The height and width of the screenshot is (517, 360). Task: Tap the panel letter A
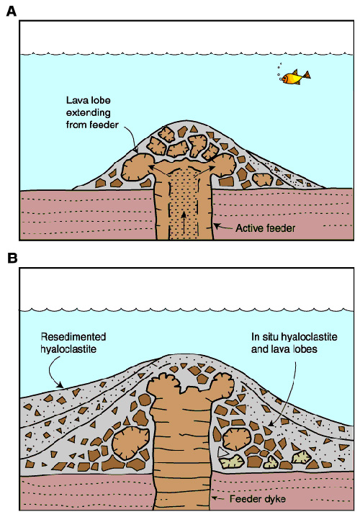[x=12, y=12]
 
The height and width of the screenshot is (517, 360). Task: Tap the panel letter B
[x=12, y=258]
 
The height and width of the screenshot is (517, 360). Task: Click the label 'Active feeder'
[x=265, y=228]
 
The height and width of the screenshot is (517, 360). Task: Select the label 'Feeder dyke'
[x=258, y=499]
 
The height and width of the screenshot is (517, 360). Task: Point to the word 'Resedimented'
[x=73, y=337]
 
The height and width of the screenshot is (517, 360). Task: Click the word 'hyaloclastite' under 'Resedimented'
[x=68, y=349]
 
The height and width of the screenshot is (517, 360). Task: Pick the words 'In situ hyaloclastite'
[x=294, y=337]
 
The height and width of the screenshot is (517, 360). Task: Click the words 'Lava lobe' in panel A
[x=89, y=100]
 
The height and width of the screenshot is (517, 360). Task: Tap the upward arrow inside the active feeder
[x=184, y=222]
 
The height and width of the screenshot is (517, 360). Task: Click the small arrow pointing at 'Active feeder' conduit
[x=223, y=227]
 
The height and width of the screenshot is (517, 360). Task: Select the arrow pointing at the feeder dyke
[x=219, y=498]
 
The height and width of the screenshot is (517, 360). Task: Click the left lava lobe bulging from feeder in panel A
[x=136, y=168]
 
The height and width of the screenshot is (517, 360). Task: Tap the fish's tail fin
[x=307, y=76]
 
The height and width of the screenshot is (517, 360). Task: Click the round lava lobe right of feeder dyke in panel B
[x=237, y=439]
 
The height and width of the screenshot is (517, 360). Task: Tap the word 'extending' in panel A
[x=89, y=113]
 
